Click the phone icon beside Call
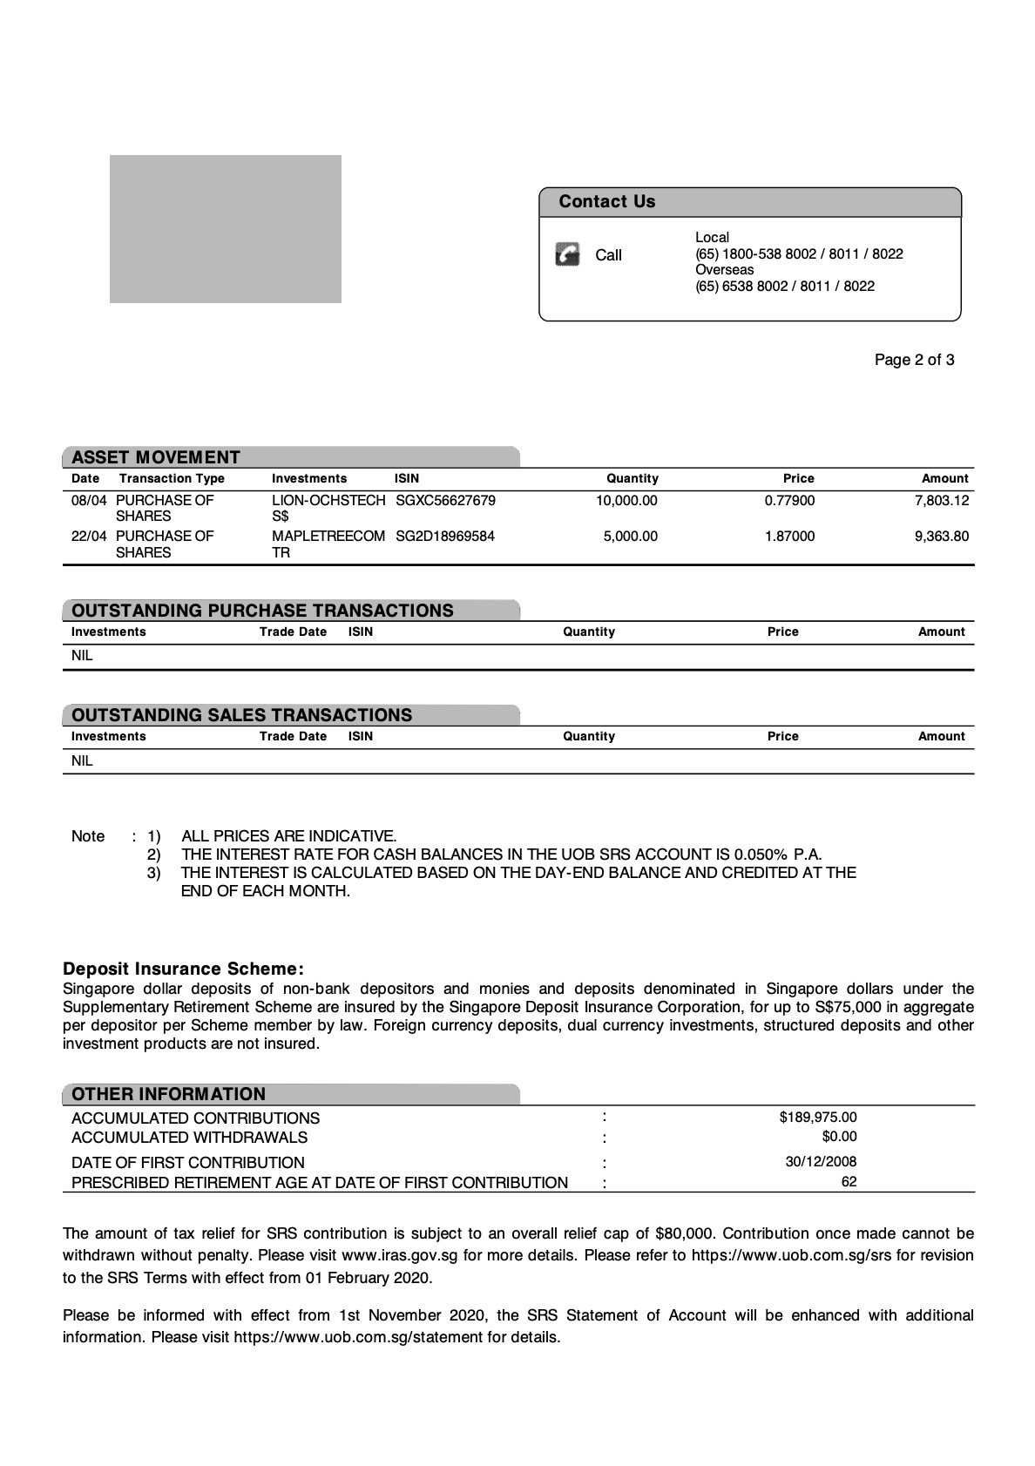coord(567,254)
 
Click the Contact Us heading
coord(606,202)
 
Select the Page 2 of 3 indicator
coord(914,360)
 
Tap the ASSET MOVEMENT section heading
coord(156,457)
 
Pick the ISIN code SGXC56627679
coord(445,501)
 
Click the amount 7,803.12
coord(941,501)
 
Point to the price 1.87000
coord(789,537)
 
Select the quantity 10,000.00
coord(626,501)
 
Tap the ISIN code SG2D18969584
coord(444,537)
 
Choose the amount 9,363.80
coord(941,537)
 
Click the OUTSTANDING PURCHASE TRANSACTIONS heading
coord(262,611)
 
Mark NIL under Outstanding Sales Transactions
coord(82,761)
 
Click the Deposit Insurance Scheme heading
coord(183,969)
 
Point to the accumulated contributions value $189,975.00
coord(818,1117)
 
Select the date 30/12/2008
coord(821,1161)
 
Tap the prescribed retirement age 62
coord(849,1182)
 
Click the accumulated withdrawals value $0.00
coord(839,1137)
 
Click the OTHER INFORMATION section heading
coord(168,1094)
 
